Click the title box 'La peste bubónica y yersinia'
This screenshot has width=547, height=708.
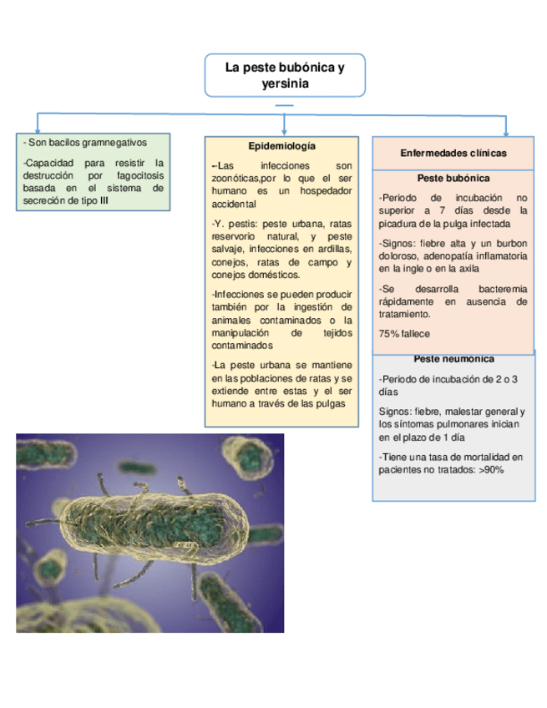(x=285, y=75)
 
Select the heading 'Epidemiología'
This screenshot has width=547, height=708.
(x=281, y=146)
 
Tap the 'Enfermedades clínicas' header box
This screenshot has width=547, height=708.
(x=453, y=153)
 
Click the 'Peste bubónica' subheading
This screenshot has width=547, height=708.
(x=453, y=178)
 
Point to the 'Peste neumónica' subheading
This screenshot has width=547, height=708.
(x=453, y=359)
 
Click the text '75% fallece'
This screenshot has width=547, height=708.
(x=404, y=334)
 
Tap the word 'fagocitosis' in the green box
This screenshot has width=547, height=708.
(x=138, y=175)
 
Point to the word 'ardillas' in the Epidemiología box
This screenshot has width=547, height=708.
(x=332, y=250)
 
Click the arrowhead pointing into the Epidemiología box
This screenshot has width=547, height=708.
(x=285, y=132)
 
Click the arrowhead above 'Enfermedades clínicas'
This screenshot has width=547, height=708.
(x=505, y=132)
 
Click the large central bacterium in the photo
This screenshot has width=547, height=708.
(x=150, y=534)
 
